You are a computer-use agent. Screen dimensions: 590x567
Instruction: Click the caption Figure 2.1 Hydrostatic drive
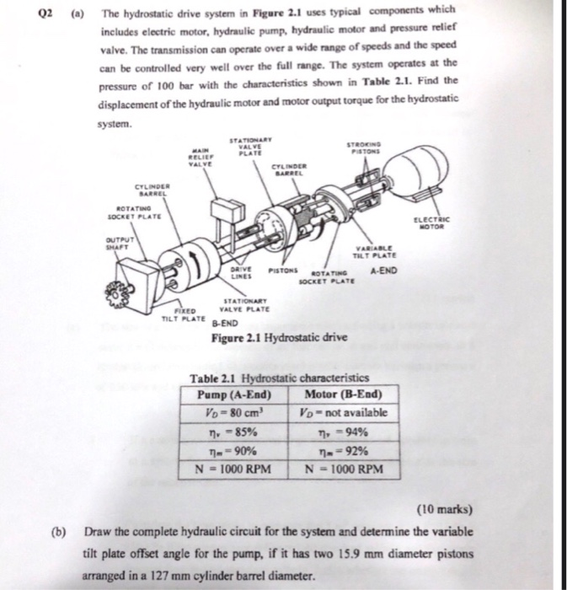pos(275,339)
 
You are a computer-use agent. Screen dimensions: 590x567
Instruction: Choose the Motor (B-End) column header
pos(341,394)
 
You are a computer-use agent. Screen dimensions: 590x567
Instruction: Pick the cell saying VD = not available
pos(342,413)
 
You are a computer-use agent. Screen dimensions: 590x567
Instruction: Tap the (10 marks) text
pos(442,509)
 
